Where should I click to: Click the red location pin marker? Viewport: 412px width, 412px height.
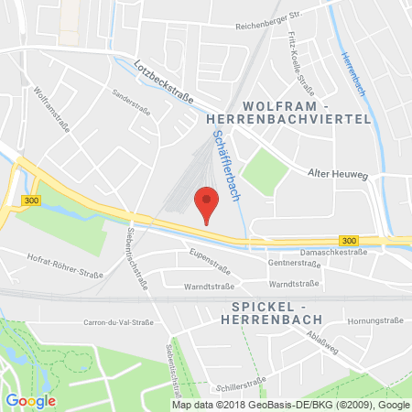[x=208, y=202]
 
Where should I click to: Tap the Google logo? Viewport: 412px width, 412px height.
[x=30, y=400]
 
